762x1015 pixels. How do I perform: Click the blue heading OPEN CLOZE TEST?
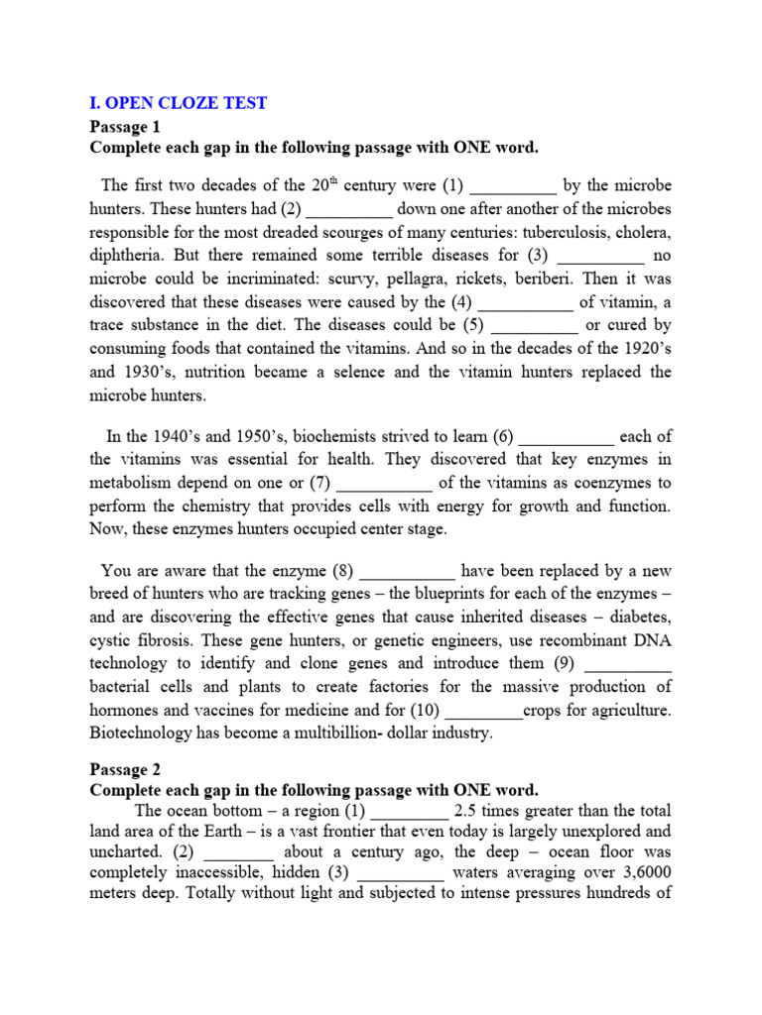pos(179,103)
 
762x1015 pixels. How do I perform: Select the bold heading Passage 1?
pos(124,126)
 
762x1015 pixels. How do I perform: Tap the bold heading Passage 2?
pos(124,768)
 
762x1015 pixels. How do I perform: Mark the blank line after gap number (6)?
pos(568,436)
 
